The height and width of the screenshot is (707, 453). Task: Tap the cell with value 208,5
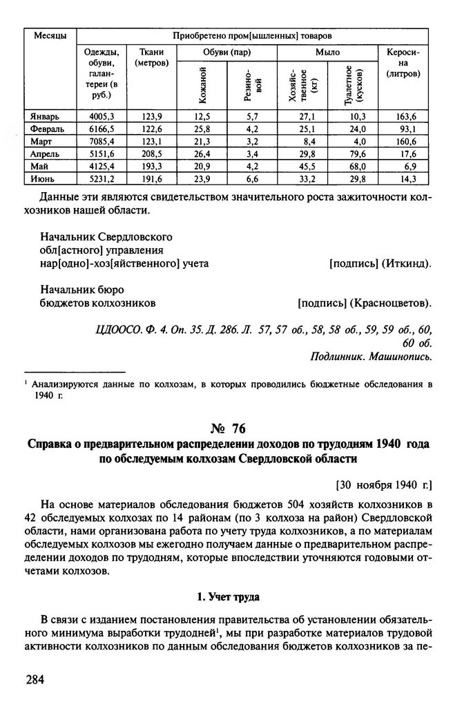click(x=151, y=153)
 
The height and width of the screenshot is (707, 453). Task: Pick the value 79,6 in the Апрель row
click(x=356, y=153)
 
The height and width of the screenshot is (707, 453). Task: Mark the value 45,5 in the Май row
click(x=307, y=166)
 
